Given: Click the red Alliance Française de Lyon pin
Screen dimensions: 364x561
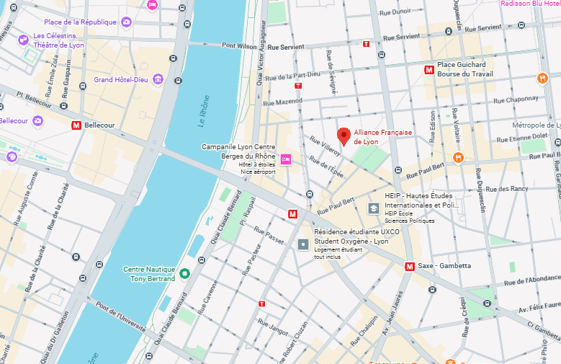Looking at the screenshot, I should coord(344,136).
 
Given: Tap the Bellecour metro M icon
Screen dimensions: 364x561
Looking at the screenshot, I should coord(76,125).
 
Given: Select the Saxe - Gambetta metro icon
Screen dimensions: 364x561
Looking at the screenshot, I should coord(410,266).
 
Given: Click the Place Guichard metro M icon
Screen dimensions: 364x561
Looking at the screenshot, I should coord(429,70).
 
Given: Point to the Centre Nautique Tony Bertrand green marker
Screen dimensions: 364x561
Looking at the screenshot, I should coord(184,273).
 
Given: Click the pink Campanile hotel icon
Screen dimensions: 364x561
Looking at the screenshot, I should coord(286,159).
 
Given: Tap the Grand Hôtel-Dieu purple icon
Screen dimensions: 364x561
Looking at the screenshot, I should coord(157,79).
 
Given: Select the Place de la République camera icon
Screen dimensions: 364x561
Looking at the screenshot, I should coord(127,22).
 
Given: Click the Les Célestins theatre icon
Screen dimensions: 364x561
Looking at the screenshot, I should coord(24,38).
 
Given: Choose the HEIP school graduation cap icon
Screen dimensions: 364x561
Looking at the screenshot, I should coord(374,208).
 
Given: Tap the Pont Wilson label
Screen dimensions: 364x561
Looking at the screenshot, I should coord(239,45).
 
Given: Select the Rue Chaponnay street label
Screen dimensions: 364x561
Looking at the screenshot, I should coord(513,99).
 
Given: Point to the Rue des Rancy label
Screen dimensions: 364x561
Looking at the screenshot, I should coord(507,189).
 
